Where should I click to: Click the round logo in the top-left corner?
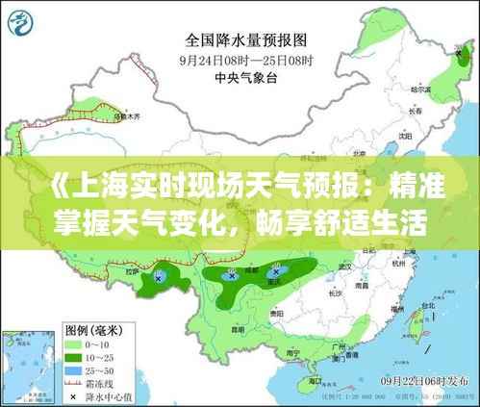[24, 22]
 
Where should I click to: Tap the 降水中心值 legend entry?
[91, 394]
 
